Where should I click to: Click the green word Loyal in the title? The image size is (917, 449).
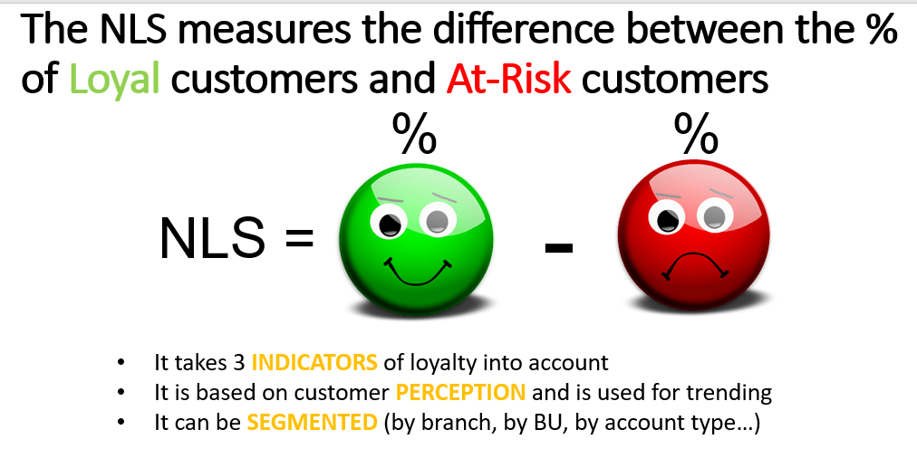[x=115, y=80]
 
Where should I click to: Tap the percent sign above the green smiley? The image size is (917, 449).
[x=414, y=134]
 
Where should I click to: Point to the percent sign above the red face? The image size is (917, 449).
[x=697, y=134]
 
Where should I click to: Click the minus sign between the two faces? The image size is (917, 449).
[x=558, y=247]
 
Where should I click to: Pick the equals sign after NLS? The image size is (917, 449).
[x=299, y=239]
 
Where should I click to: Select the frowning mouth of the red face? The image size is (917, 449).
[x=694, y=264]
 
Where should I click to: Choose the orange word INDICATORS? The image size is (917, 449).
[x=314, y=363]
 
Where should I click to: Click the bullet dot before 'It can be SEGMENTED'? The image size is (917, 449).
[x=121, y=422]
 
